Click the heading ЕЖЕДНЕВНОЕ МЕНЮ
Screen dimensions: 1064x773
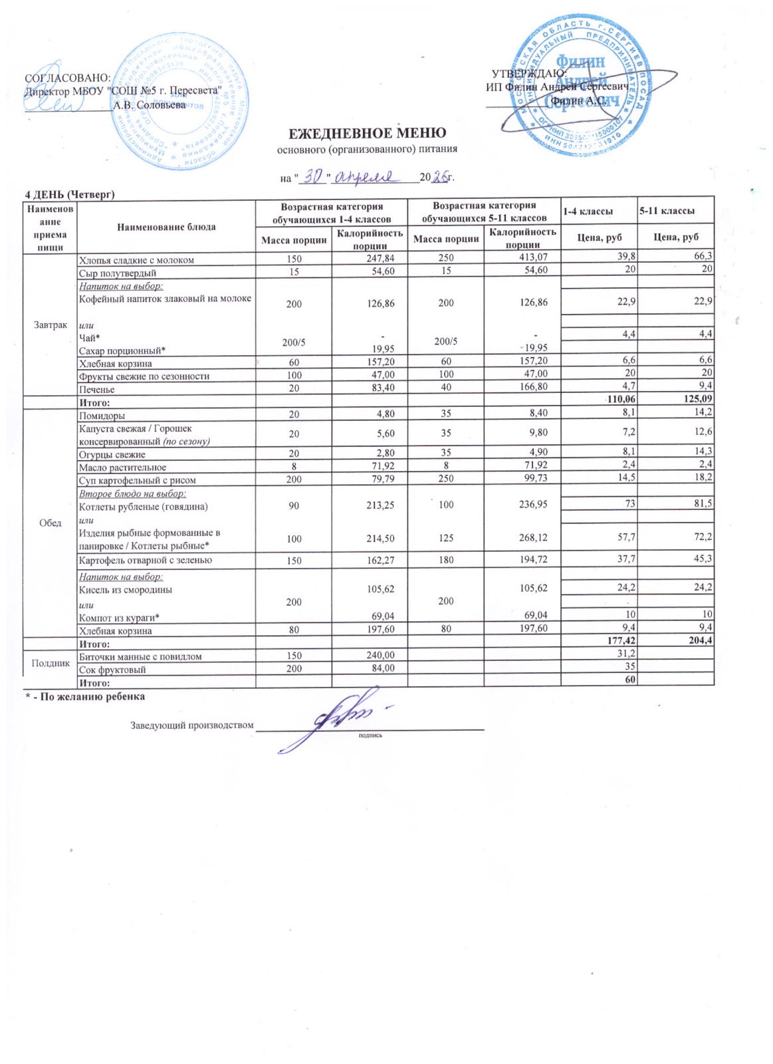(x=367, y=134)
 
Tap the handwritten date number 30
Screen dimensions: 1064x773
(x=312, y=176)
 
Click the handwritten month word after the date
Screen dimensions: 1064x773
(x=365, y=176)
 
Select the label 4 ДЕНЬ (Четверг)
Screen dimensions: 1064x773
(x=70, y=194)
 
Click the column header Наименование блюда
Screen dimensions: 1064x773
(x=166, y=227)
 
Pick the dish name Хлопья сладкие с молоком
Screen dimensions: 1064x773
(x=136, y=260)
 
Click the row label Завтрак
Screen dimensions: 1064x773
(x=51, y=325)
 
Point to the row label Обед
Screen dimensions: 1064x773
(x=51, y=523)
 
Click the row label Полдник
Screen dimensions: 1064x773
(x=51, y=663)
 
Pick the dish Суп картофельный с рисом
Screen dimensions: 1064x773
(x=138, y=480)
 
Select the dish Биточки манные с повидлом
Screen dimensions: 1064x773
(x=140, y=656)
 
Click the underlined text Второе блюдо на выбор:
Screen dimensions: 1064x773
(x=132, y=494)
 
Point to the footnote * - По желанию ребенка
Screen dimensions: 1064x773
(x=85, y=696)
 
